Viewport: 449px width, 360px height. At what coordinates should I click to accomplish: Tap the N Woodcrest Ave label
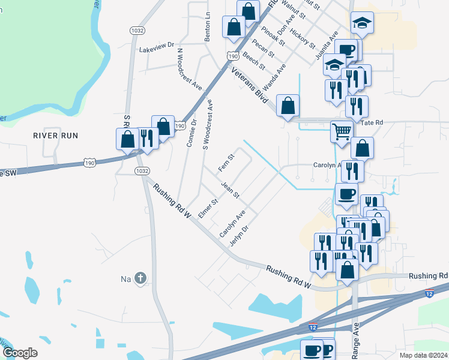tap(189, 68)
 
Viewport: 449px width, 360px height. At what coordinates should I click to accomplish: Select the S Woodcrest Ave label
tap(211, 125)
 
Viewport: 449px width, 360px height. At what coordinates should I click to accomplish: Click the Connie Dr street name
tap(191, 133)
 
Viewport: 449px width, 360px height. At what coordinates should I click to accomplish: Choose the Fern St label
tap(226, 161)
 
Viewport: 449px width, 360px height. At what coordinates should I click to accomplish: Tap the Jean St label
tap(231, 191)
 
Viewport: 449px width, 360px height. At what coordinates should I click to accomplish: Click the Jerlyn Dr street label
tap(239, 235)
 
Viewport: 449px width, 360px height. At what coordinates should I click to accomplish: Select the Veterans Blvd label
tap(249, 86)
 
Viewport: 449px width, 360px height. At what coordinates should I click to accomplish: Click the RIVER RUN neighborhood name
tap(56, 136)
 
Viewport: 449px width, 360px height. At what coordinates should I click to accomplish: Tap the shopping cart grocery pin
tap(342, 130)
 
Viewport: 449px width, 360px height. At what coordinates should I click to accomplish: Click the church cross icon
tap(140, 278)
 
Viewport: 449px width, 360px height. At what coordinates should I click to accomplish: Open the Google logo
tap(20, 353)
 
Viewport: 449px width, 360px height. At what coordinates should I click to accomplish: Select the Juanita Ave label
tap(327, 46)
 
